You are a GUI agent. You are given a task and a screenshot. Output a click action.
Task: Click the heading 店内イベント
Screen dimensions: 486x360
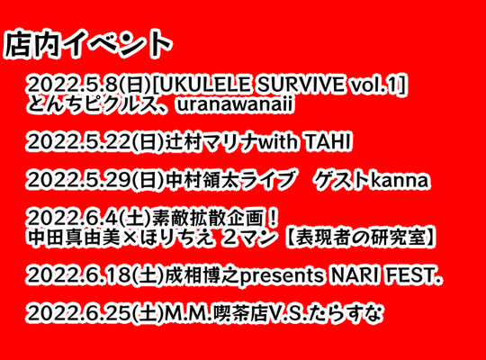pos(87,44)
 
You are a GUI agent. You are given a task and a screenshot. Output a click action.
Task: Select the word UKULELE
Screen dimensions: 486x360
pos(205,84)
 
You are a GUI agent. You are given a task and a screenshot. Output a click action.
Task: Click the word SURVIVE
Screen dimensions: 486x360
pos(301,84)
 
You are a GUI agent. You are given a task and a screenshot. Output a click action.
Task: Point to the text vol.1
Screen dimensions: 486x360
pos(374,84)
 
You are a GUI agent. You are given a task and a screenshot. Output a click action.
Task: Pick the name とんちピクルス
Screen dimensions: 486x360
pos(91,104)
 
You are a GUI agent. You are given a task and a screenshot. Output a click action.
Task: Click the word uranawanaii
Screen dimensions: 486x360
pos(234,105)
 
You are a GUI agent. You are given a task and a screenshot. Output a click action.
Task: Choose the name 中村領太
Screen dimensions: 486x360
pos(202,180)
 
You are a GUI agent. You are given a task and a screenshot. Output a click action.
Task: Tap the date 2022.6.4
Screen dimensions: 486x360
pos(73,219)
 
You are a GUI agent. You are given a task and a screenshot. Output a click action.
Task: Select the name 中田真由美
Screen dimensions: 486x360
pos(74,238)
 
